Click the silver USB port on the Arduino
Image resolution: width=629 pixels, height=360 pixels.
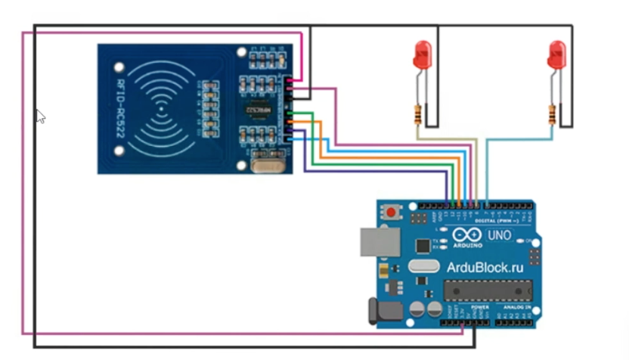click(x=378, y=241)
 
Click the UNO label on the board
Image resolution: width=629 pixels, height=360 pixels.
click(x=500, y=236)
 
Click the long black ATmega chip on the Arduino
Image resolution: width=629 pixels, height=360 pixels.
click(x=488, y=290)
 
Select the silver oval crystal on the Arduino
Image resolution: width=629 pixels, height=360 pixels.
click(x=423, y=266)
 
